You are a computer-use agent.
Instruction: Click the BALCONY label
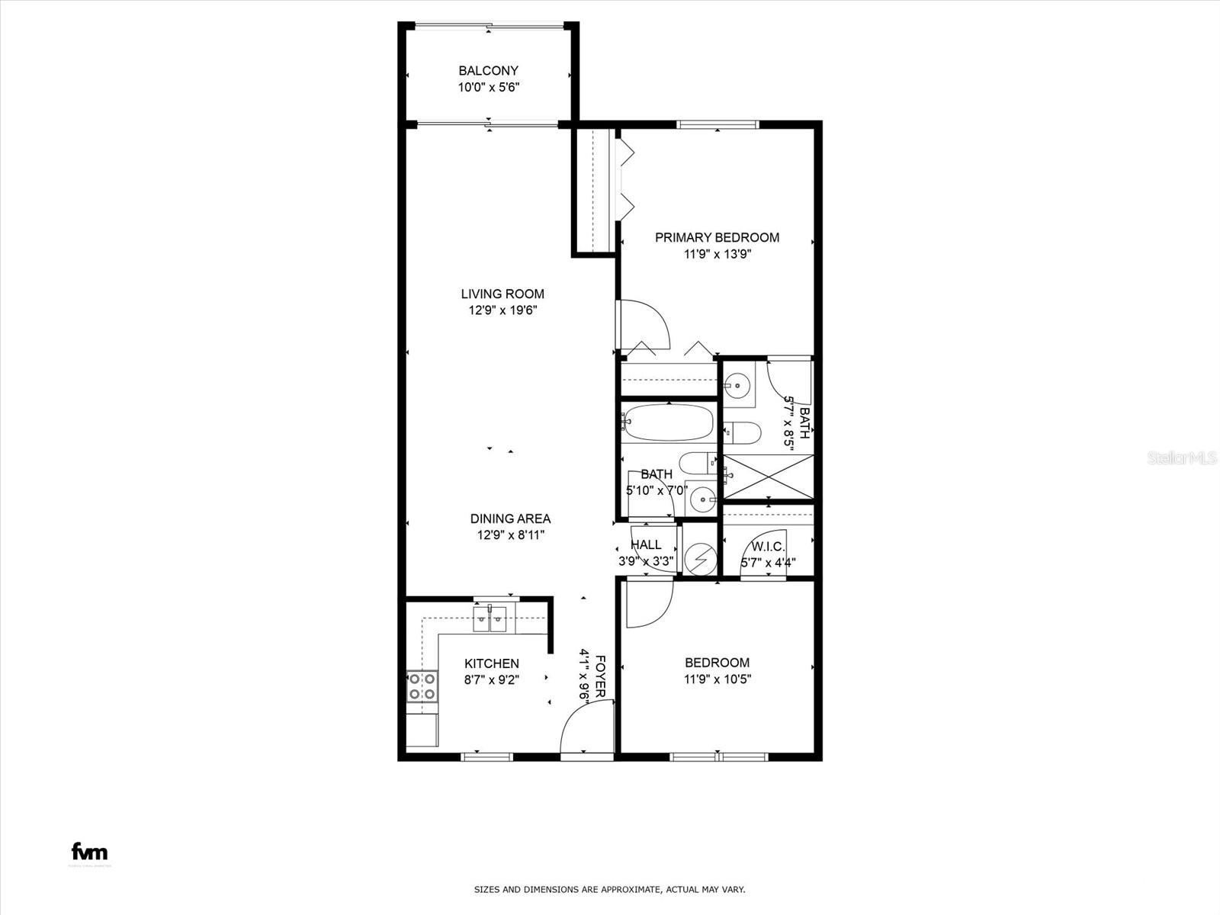[x=488, y=71]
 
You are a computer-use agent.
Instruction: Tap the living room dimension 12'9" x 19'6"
[x=503, y=310]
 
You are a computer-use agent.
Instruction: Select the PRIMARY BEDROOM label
[x=717, y=237]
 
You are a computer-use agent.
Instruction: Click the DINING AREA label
[x=510, y=518]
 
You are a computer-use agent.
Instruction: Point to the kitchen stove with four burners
[x=422, y=685]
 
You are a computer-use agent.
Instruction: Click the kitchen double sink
[x=490, y=619]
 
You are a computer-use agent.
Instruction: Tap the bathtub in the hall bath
[x=668, y=422]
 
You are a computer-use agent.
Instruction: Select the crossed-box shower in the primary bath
[x=768, y=477]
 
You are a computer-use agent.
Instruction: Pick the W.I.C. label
[x=768, y=547]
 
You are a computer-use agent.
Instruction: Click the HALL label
[x=646, y=544]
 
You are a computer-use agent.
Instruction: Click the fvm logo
[x=90, y=852]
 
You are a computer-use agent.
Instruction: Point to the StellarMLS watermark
[x=1182, y=457]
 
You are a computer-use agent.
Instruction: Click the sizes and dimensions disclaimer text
[x=609, y=889]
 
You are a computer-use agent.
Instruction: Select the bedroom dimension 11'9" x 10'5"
[x=717, y=679]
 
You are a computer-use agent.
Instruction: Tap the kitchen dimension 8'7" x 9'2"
[x=491, y=680]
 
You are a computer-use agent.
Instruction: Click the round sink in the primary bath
[x=737, y=385]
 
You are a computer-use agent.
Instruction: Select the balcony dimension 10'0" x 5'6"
[x=488, y=88]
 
